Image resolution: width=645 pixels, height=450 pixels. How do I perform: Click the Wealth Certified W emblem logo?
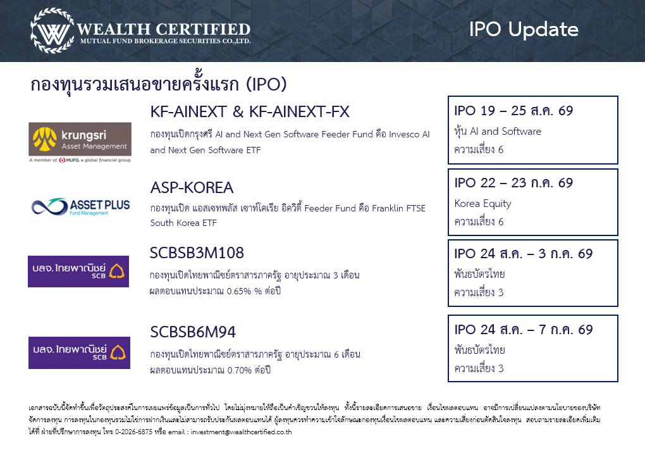point(52,31)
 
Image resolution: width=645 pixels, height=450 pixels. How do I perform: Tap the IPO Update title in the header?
point(524,30)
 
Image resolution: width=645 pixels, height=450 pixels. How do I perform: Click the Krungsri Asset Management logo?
point(80,142)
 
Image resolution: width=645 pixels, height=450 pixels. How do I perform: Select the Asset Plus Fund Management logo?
point(81,207)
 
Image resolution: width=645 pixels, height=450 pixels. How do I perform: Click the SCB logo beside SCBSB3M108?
point(78,272)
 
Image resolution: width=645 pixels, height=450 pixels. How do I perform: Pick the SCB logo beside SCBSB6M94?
point(79,353)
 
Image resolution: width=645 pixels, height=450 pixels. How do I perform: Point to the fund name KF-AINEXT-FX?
point(300,111)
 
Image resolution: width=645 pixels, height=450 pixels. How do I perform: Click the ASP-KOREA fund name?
point(192,188)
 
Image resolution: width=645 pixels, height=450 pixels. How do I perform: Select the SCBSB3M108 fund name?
point(197,253)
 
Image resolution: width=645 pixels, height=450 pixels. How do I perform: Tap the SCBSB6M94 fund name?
point(193,332)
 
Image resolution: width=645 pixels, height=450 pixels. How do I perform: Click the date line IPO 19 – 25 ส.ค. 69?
point(513,111)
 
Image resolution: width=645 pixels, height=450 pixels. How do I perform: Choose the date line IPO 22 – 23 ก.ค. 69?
point(513,183)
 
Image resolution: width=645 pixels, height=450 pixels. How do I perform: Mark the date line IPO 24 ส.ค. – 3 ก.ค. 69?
point(523,254)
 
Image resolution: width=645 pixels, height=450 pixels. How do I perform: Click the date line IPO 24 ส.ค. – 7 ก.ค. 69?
point(523,329)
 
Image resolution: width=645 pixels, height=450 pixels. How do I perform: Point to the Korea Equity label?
point(483,204)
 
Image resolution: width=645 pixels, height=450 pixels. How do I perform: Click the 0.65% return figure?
point(239,291)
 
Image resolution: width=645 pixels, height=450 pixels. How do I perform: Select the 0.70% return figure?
point(239,370)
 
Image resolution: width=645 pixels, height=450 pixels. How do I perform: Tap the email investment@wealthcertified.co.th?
point(242,432)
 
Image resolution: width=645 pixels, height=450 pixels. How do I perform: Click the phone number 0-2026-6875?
point(133,432)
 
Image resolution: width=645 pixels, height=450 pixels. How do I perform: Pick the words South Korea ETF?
point(183,223)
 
